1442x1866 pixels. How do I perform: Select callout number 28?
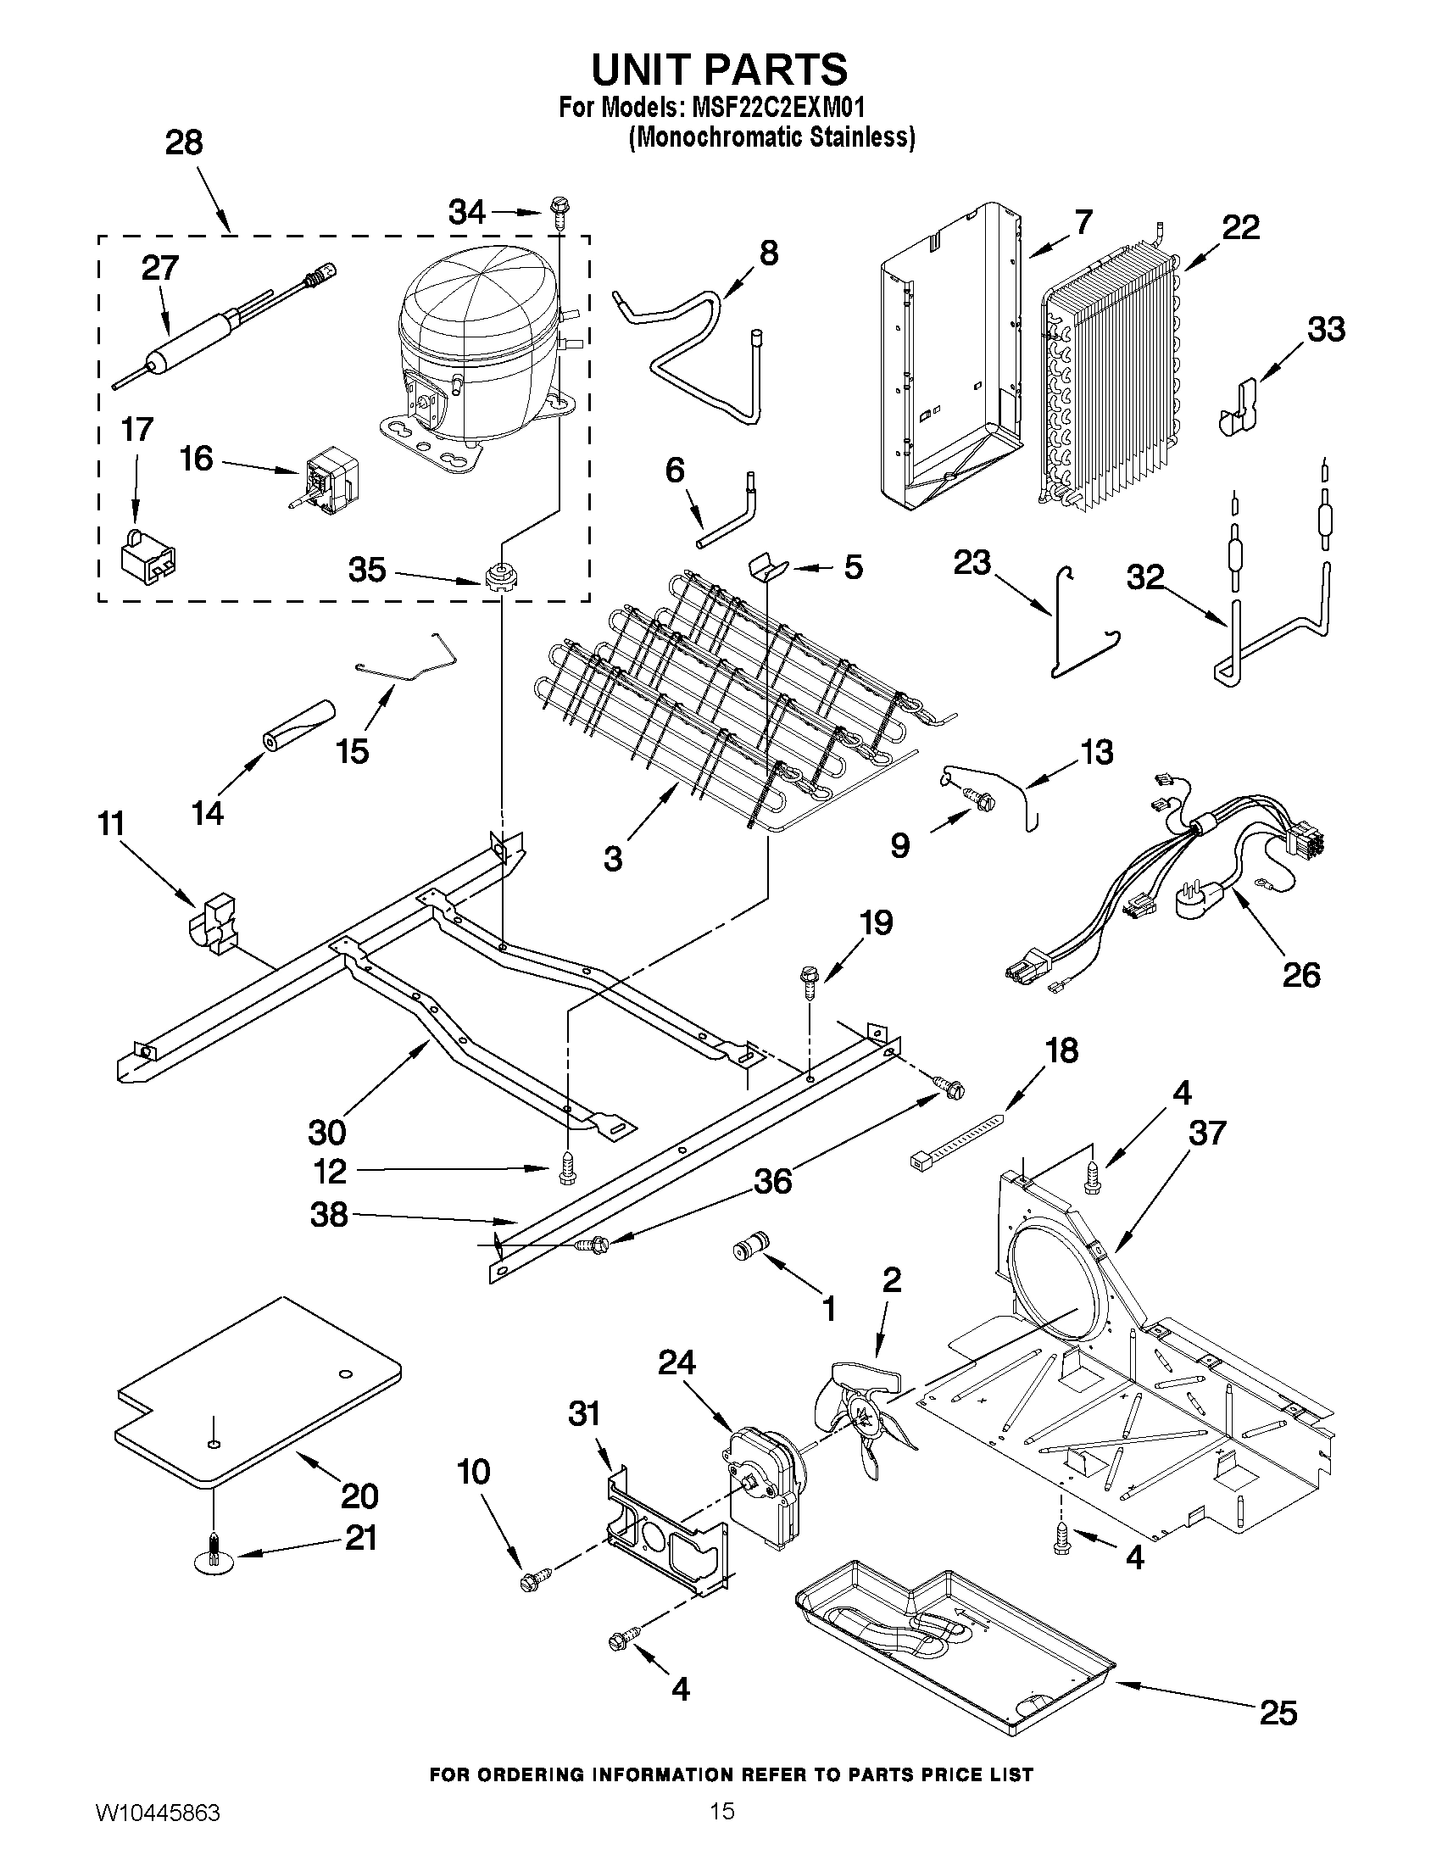(x=184, y=142)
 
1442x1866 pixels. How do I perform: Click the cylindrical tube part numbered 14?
(x=298, y=726)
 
